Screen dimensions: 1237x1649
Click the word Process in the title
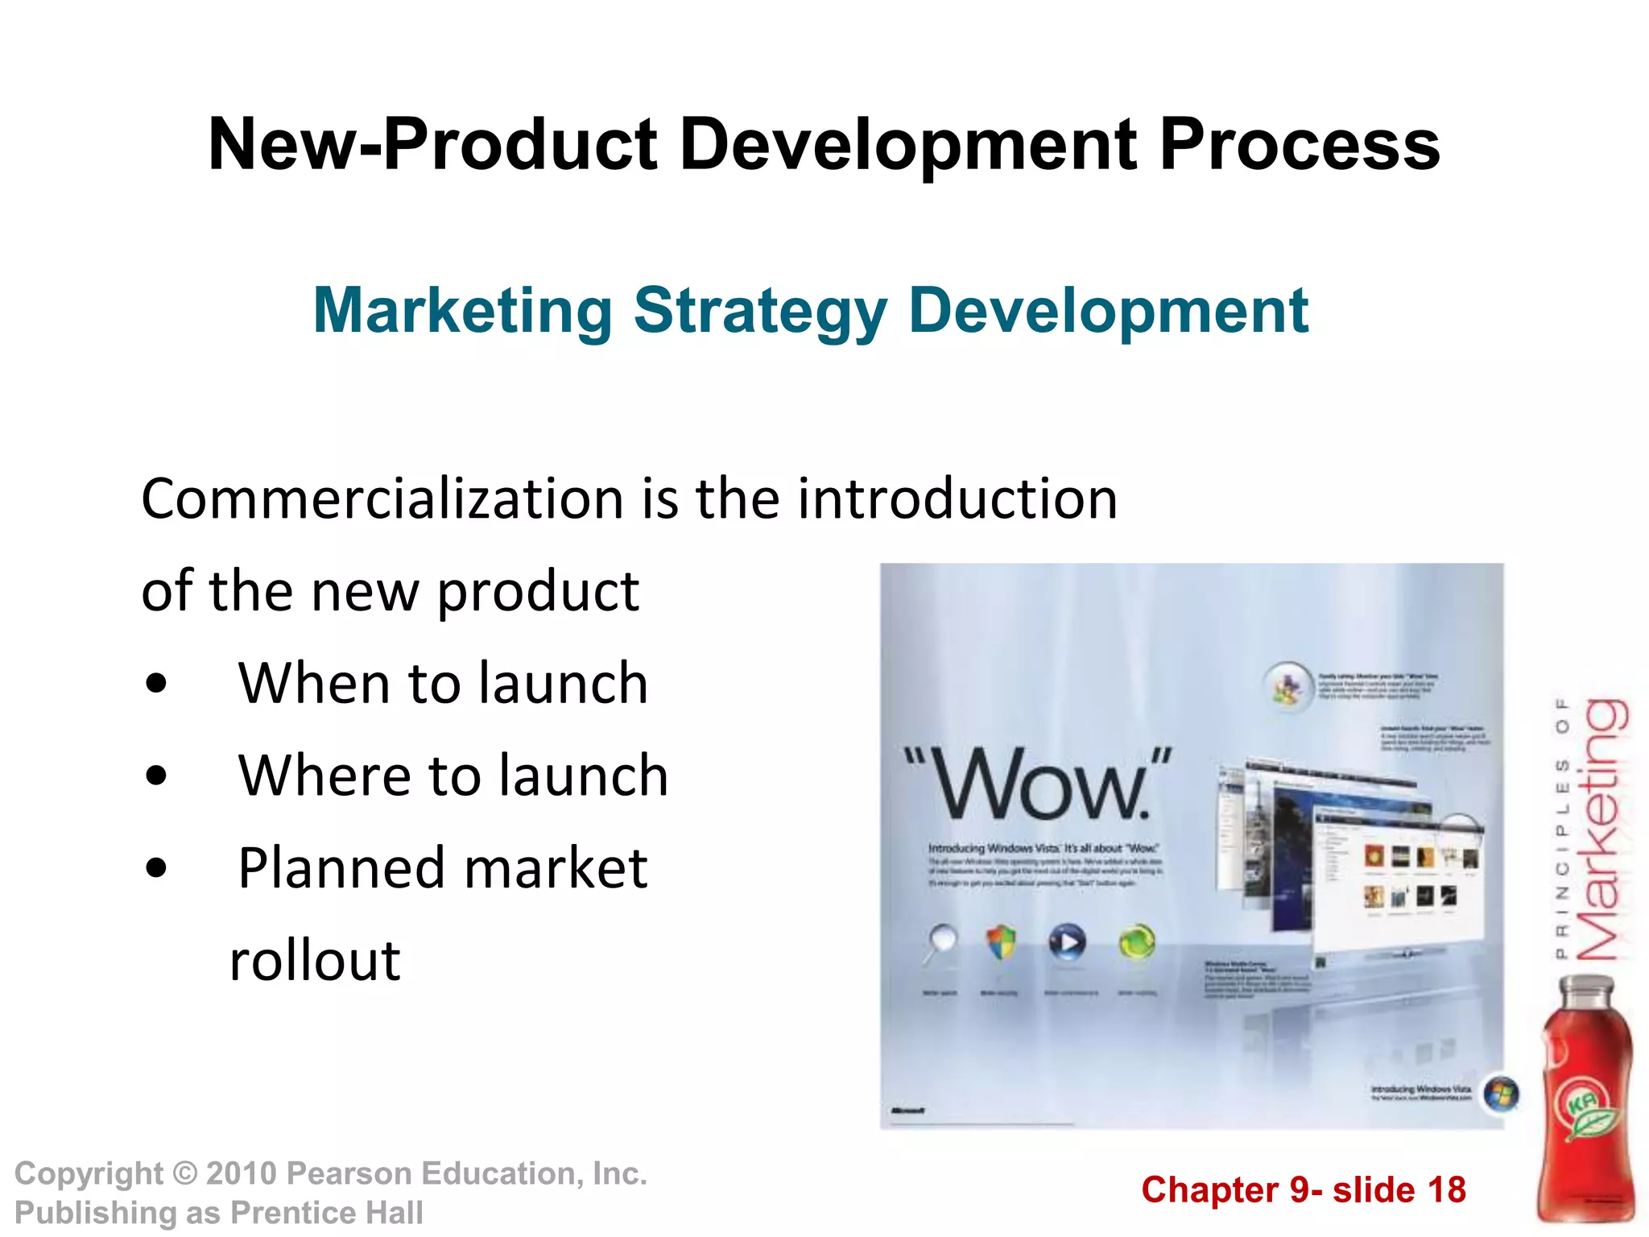1299,145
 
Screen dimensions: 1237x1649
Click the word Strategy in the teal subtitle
760,311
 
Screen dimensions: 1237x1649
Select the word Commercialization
382,499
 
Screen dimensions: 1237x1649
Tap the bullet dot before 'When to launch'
157,684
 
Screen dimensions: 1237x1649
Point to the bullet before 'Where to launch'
157,776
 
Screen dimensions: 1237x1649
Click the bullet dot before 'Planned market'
157,869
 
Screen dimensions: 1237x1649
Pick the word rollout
315,961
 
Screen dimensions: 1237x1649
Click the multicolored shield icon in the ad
1001,941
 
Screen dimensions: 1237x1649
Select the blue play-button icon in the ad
1067,941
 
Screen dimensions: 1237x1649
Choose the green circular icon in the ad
1136,941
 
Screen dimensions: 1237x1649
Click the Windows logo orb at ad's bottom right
1501,1094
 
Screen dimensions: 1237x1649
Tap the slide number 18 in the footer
1446,1190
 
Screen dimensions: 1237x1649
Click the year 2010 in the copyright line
241,1174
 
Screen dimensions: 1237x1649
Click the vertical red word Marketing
1602,829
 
